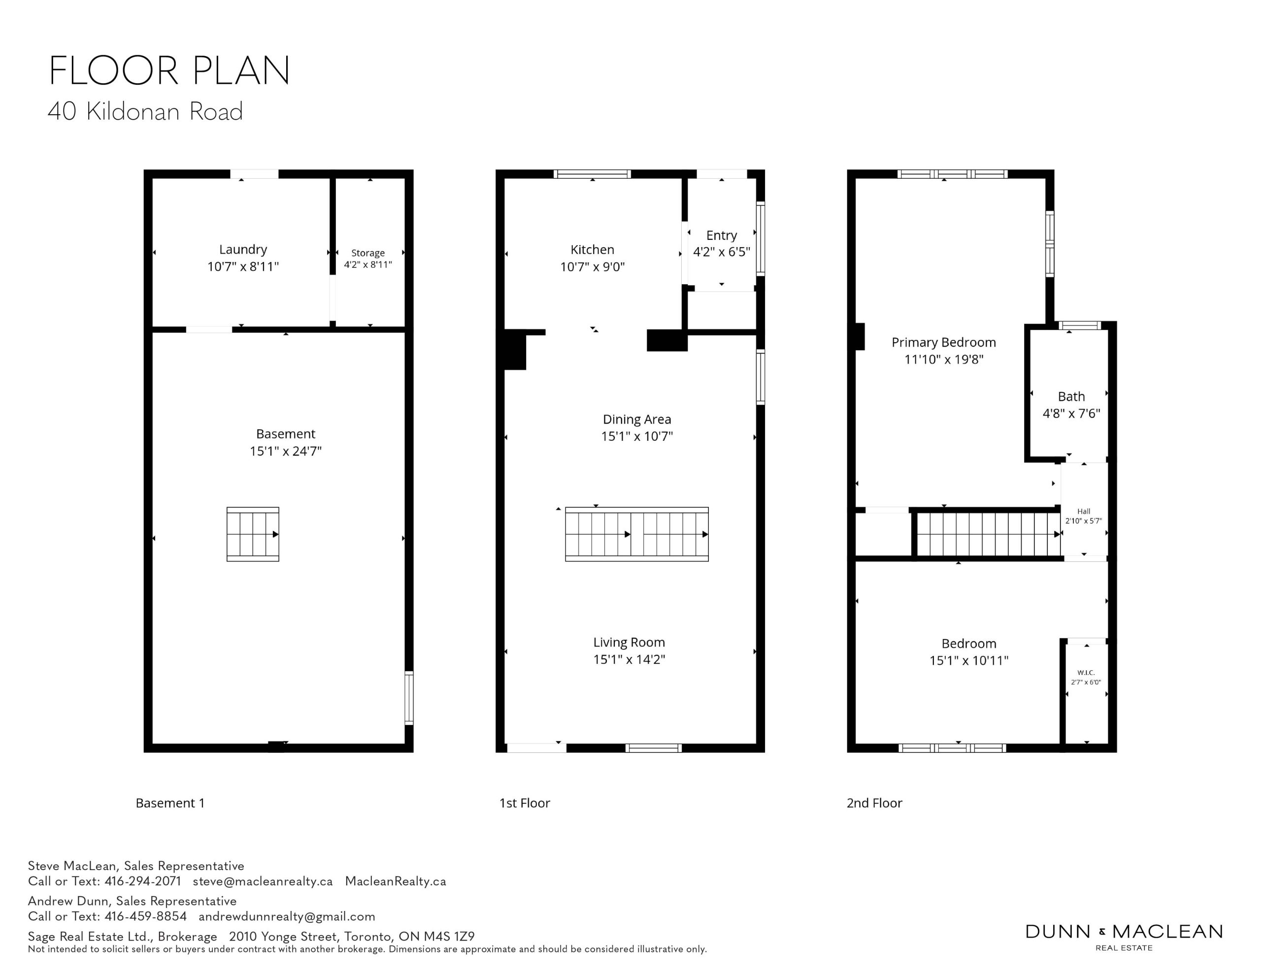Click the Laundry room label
click(243, 250)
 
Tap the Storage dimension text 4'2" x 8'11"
click(368, 264)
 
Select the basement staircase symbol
click(253, 534)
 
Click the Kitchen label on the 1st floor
click(593, 250)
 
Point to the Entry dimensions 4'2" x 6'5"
click(722, 252)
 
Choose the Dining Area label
click(637, 419)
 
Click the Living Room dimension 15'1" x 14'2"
click(630, 659)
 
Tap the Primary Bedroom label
click(944, 342)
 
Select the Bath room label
click(1072, 397)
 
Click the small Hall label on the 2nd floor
click(1084, 511)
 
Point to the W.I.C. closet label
click(1086, 673)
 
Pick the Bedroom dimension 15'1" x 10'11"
click(969, 660)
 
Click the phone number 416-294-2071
click(143, 881)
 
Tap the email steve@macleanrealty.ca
click(263, 881)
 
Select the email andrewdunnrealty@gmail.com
click(287, 916)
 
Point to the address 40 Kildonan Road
click(145, 111)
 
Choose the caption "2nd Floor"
click(874, 803)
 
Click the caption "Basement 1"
click(170, 803)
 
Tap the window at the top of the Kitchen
click(593, 174)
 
